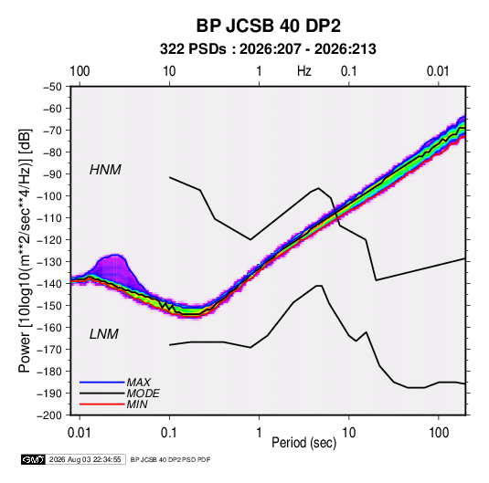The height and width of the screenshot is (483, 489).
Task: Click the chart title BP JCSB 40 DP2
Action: click(268, 26)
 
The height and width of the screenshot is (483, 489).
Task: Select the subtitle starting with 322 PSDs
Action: click(268, 49)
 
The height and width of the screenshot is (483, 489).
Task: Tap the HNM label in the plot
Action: click(105, 170)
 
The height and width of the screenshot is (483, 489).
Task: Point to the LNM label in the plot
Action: click(104, 334)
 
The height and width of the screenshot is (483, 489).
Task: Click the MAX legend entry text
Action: click(138, 382)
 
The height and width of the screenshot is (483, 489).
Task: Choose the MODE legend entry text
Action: click(143, 394)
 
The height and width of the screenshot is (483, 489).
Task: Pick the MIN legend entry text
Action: click(137, 404)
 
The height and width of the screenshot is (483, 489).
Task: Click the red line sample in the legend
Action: click(102, 404)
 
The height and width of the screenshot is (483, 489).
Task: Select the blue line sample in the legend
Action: click(102, 382)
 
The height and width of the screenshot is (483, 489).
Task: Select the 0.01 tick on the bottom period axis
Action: click(80, 433)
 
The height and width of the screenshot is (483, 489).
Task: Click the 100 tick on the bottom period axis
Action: click(439, 433)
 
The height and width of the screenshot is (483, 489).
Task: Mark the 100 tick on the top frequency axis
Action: click(80, 71)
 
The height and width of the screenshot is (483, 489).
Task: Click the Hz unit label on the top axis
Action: click(304, 71)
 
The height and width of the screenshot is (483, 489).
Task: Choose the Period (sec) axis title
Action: click(304, 443)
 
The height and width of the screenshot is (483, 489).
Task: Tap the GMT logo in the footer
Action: click(34, 459)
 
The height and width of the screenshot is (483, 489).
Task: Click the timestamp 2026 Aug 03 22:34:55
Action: click(85, 459)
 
